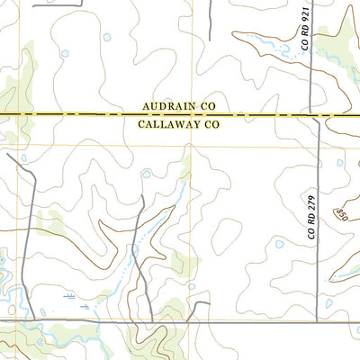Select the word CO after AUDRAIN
click(x=207, y=105)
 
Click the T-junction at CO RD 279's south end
click(x=318, y=319)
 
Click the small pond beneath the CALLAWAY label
click(x=147, y=173)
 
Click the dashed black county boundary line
click(x=90, y=115)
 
